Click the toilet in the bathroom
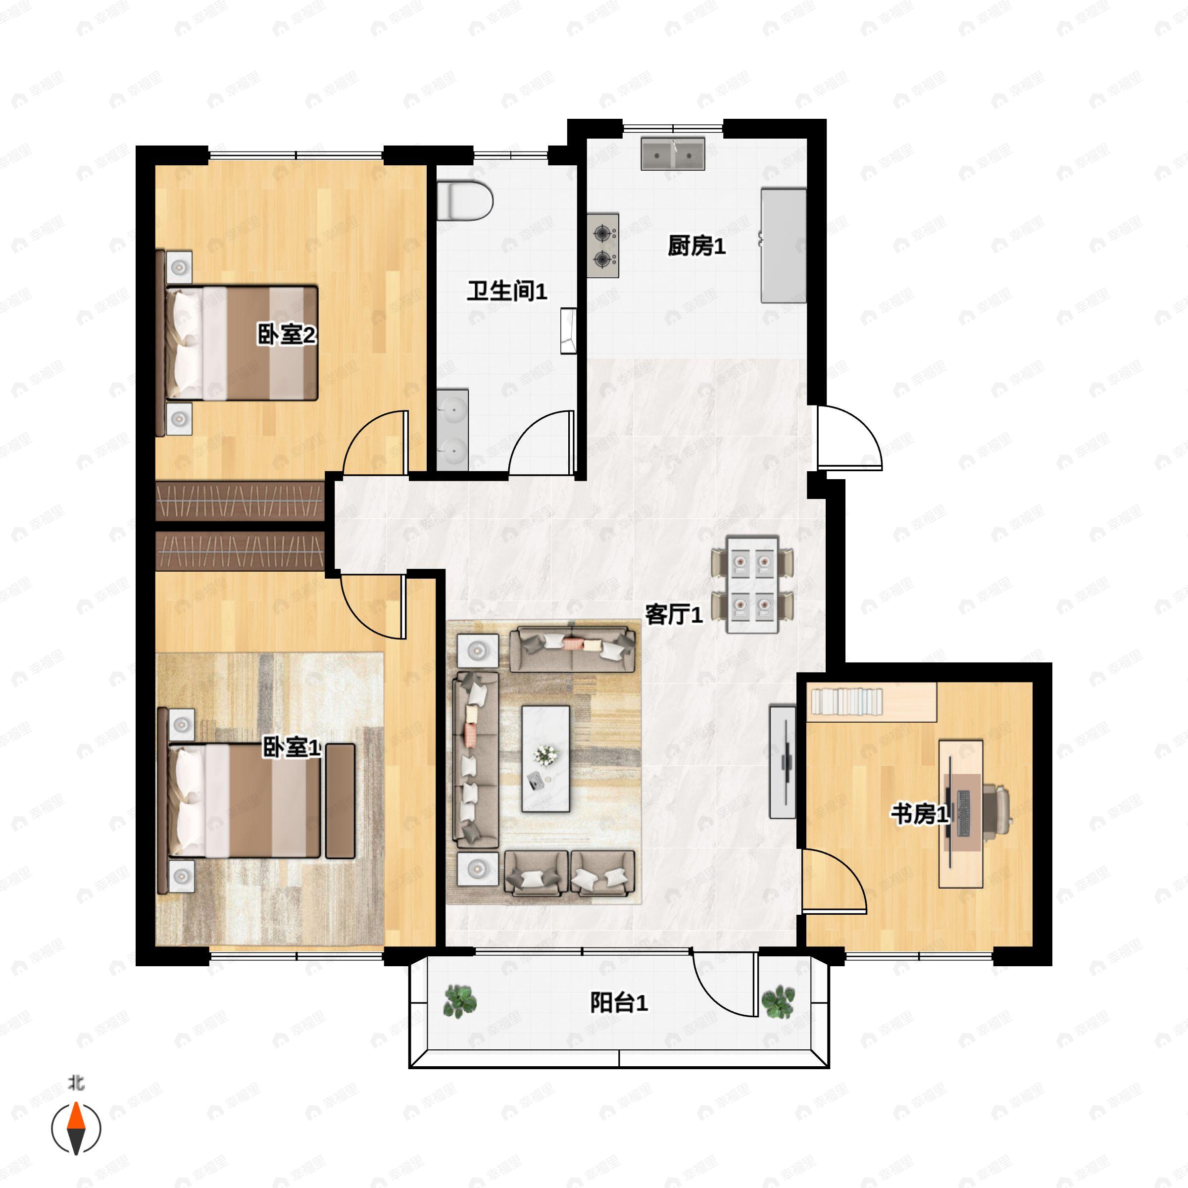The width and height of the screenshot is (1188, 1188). (x=465, y=200)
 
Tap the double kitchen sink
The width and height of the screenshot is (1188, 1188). (x=673, y=154)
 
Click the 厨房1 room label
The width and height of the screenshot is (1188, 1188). (x=696, y=246)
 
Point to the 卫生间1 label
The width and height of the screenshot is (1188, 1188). (x=507, y=291)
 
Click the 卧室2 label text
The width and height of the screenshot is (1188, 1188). (x=287, y=335)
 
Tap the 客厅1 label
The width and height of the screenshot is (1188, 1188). (x=673, y=614)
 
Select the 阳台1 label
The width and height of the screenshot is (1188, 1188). (x=619, y=1003)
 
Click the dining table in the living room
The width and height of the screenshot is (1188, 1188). (x=752, y=584)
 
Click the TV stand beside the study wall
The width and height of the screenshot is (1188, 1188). (x=782, y=762)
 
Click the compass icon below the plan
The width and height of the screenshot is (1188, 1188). (x=76, y=1129)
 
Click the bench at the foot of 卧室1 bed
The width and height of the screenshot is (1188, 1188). (x=340, y=800)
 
